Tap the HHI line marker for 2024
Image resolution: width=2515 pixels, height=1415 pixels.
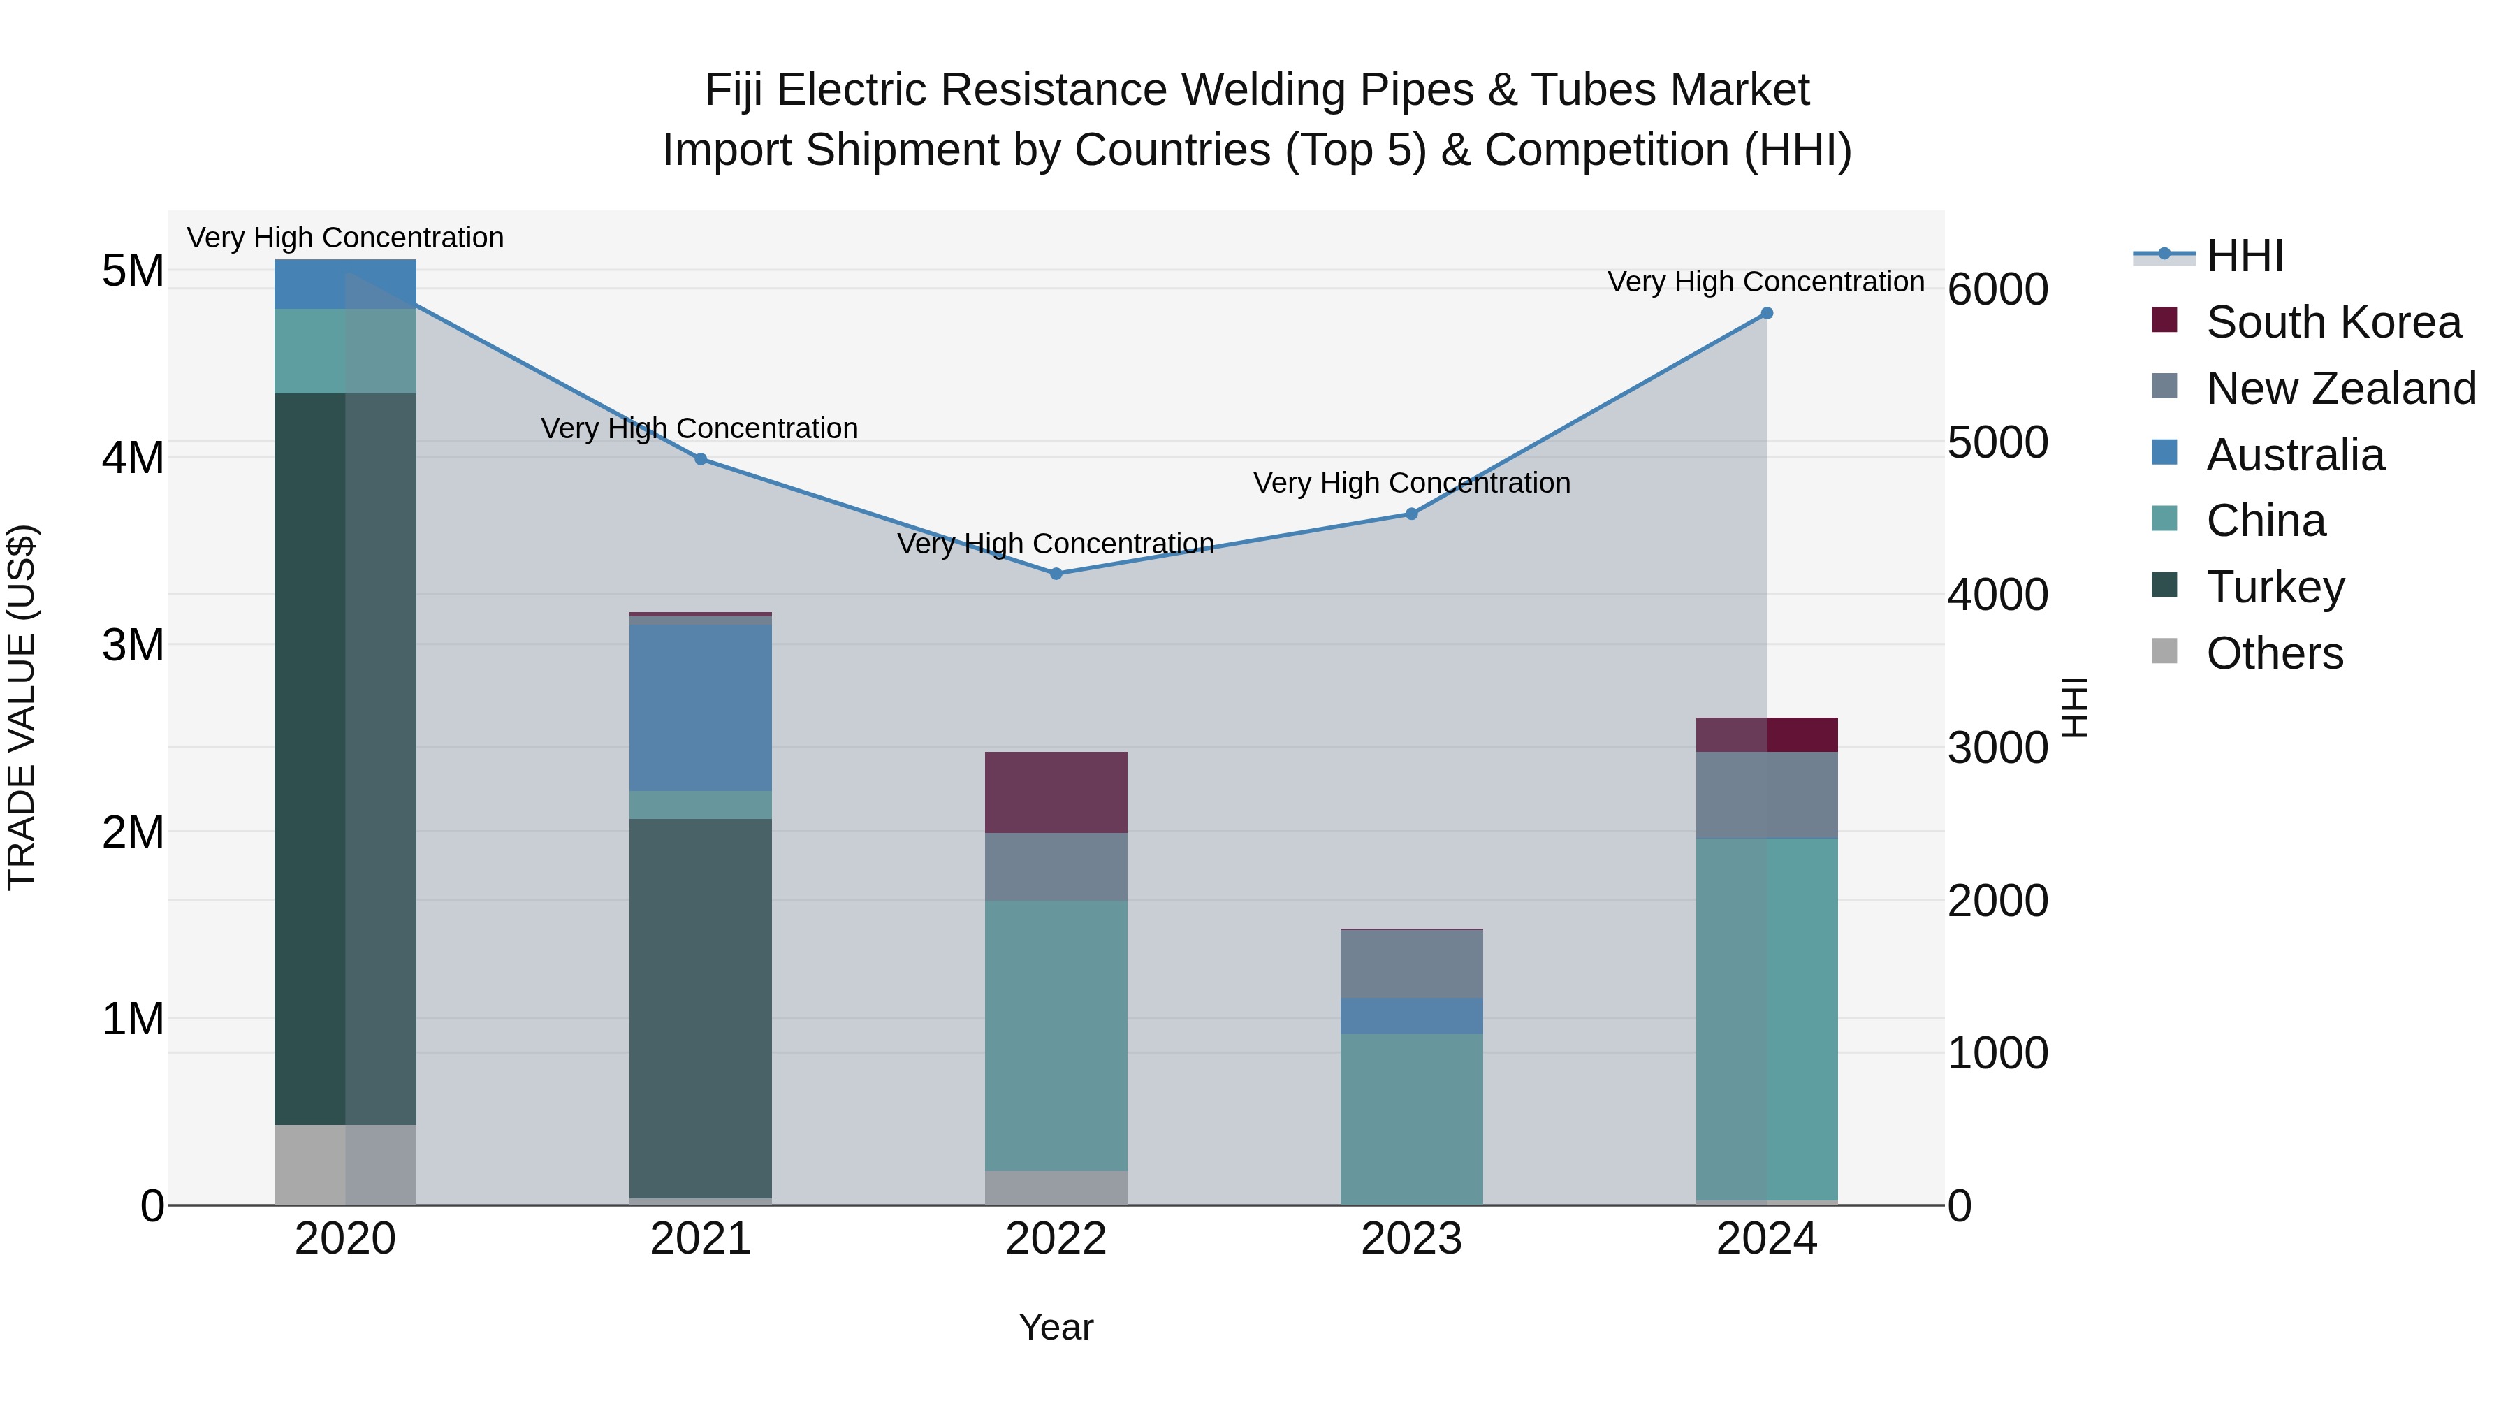click(1766, 314)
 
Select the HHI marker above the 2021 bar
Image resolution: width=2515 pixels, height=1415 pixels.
click(700, 459)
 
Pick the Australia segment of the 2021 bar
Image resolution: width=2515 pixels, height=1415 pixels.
click(700, 707)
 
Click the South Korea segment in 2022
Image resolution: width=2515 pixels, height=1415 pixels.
click(1056, 792)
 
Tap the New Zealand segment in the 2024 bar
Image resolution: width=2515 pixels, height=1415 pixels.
click(1766, 795)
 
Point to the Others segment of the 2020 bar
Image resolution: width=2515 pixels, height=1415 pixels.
click(344, 1164)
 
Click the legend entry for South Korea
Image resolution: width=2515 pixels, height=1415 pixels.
click(2333, 322)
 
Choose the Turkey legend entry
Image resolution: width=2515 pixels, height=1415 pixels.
click(2274, 587)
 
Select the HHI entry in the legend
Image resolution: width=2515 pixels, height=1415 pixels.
click(2243, 256)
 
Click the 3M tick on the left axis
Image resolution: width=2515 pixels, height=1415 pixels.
click(133, 644)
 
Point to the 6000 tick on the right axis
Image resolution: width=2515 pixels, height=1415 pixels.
click(1997, 289)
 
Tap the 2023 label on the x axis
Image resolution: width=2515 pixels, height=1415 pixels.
click(1410, 1239)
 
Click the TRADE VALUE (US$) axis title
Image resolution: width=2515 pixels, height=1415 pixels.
click(22, 707)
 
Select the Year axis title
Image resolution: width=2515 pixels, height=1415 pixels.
click(1056, 1327)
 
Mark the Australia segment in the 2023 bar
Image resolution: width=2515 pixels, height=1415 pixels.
click(1410, 1015)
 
